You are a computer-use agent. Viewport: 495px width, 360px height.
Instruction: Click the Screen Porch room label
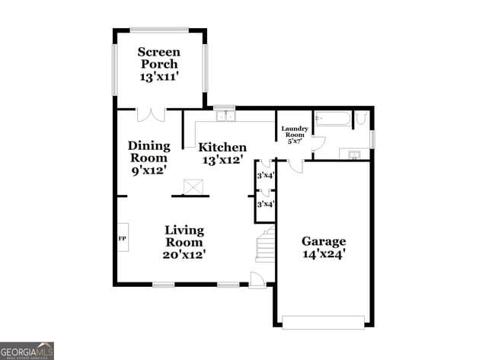pyautogui.click(x=158, y=58)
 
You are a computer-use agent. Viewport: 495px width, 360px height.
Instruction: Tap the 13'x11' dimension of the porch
pyautogui.click(x=158, y=77)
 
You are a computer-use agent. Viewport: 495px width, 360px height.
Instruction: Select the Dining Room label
pyautogui.click(x=148, y=151)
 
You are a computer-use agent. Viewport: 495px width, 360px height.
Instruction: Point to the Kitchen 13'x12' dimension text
pyautogui.click(x=222, y=161)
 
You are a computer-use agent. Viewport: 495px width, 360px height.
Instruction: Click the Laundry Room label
pyautogui.click(x=294, y=135)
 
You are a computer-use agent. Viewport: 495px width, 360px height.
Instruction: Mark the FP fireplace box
pyautogui.click(x=122, y=239)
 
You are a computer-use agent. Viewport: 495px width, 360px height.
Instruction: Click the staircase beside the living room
pyautogui.click(x=263, y=245)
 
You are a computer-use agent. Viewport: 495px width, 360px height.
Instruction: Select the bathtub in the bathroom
pyautogui.click(x=332, y=119)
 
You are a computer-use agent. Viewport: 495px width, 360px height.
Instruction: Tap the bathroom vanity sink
pyautogui.click(x=355, y=155)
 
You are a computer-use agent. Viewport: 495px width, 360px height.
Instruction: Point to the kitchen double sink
pyautogui.click(x=225, y=116)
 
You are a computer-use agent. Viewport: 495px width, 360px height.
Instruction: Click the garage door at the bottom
pyautogui.click(x=324, y=321)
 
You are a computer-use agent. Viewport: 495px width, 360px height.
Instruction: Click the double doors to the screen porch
pyautogui.click(x=149, y=115)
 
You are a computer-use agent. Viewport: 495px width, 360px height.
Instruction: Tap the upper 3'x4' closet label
pyautogui.click(x=264, y=176)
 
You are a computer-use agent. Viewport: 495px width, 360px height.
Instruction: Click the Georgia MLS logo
pyautogui.click(x=27, y=349)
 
